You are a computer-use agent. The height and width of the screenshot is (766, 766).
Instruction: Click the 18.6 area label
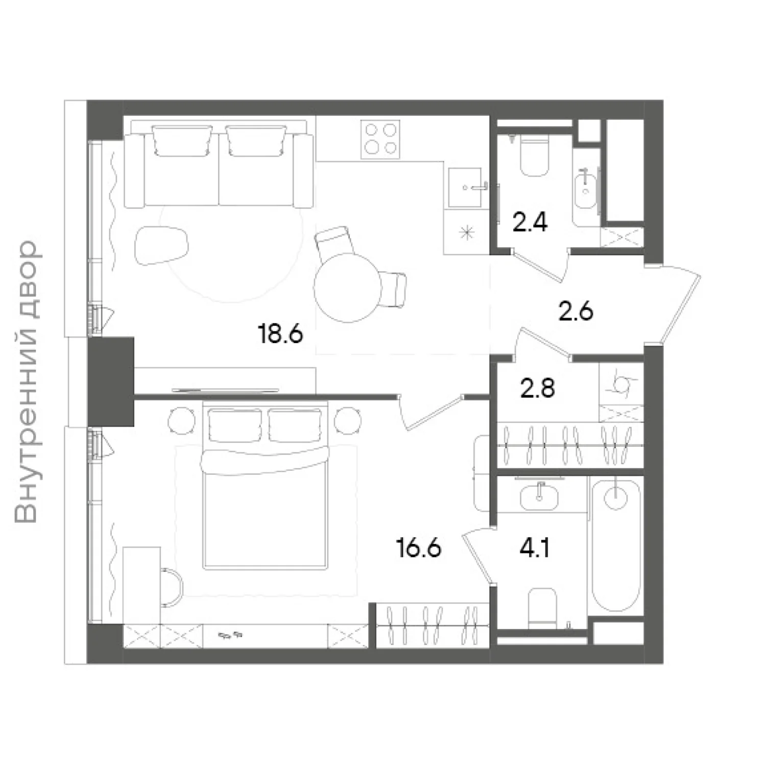click(281, 334)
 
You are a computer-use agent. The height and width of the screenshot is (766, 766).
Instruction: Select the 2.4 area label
click(530, 223)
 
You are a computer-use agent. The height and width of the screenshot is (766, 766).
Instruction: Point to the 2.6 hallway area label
click(576, 311)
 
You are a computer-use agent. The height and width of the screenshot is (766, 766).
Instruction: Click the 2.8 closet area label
click(538, 389)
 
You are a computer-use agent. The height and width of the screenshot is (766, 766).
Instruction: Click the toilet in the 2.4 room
click(534, 155)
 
